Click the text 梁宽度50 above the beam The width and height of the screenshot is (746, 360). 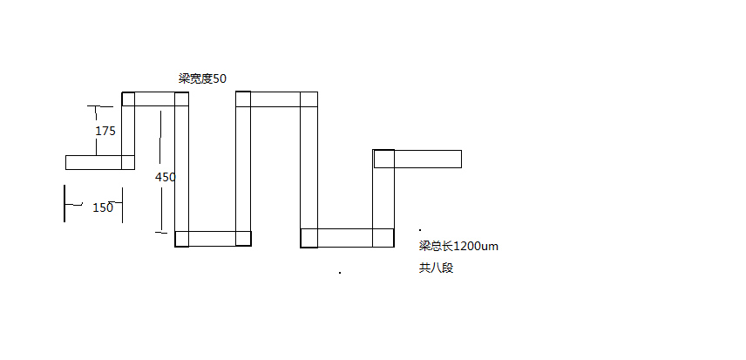tap(202, 79)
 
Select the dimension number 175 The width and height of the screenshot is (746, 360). tap(105, 131)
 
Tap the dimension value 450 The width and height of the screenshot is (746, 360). tap(165, 177)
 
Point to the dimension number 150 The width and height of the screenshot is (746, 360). tap(103, 207)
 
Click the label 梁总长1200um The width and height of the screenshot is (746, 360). tap(458, 247)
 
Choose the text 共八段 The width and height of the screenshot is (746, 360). tap(437, 268)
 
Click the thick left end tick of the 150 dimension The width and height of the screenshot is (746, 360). tap(64, 204)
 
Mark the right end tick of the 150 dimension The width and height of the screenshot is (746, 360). tap(122, 205)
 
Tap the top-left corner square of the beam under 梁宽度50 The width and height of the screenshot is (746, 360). tap(128, 98)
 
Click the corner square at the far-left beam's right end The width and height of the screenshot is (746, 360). tap(128, 162)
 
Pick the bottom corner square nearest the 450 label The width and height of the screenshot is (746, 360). tap(182, 239)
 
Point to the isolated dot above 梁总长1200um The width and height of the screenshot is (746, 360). tap(420, 230)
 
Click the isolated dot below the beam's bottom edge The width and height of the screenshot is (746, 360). tap(340, 273)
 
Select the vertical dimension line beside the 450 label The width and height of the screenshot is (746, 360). tap(161, 171)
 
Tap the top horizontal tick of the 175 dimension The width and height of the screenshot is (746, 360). tap(100, 106)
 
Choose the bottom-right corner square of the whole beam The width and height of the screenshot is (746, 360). tap(383, 238)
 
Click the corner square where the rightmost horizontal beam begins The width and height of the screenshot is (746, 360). tap(384, 159)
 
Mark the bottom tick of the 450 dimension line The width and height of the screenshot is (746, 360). tap(161, 233)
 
